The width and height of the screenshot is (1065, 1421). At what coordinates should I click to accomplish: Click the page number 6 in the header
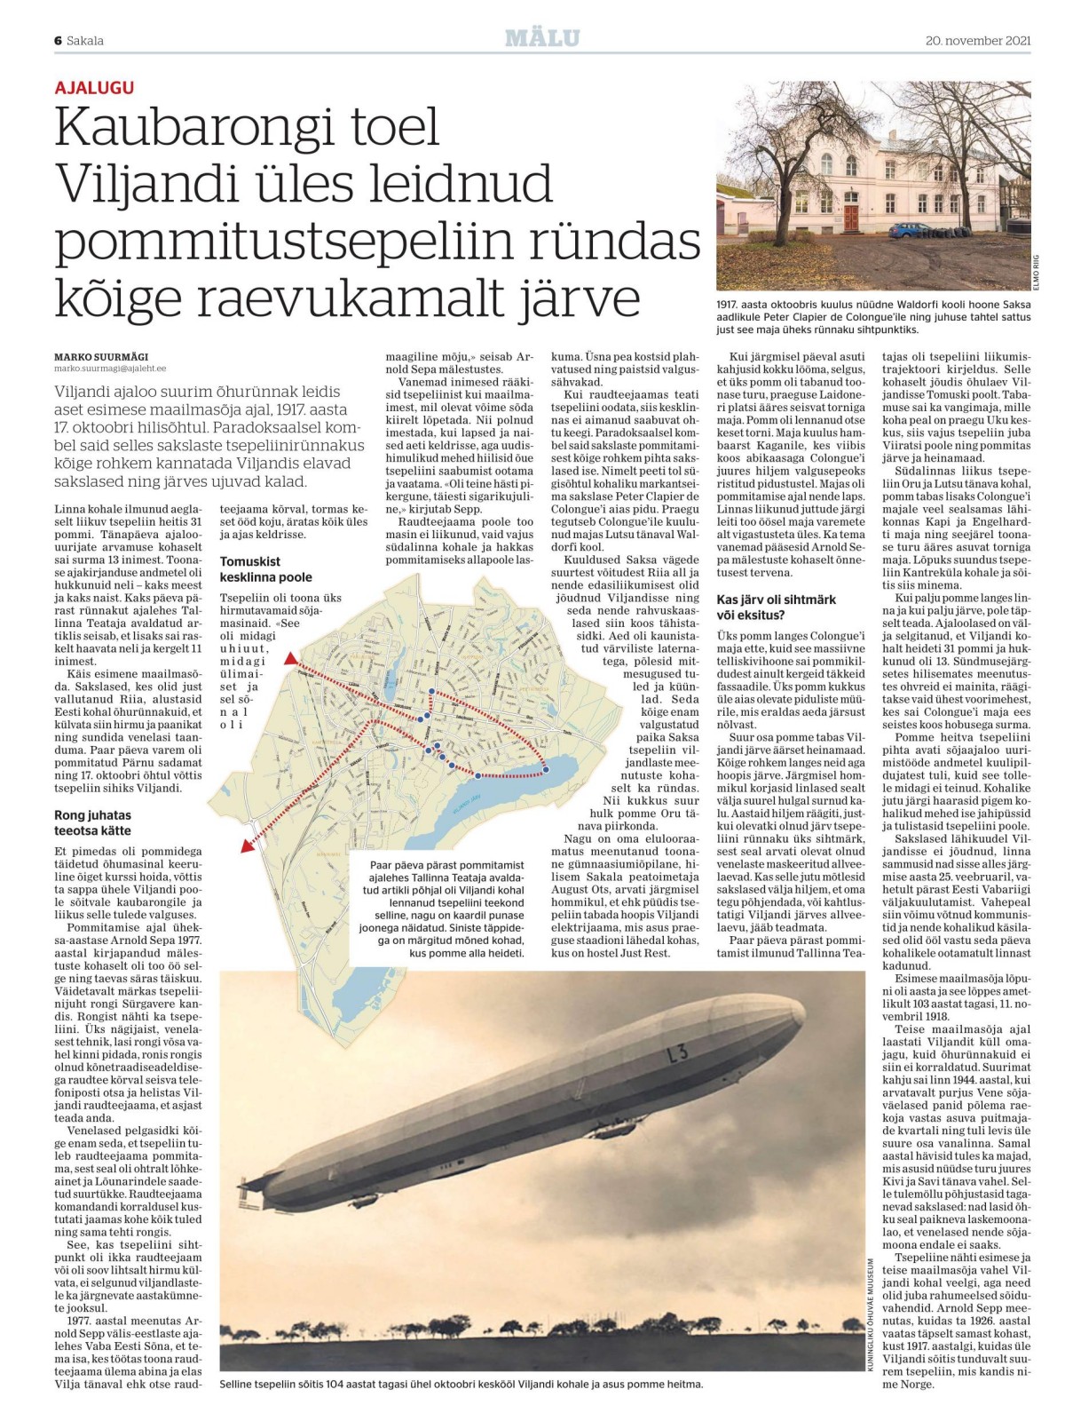(x=58, y=41)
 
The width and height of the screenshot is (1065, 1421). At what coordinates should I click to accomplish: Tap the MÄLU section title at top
(x=542, y=38)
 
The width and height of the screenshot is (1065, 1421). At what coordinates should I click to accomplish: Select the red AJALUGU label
(x=94, y=88)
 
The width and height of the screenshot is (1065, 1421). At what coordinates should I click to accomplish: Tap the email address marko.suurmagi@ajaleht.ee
(x=110, y=369)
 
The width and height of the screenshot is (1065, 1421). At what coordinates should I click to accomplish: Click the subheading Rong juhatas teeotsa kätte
(x=93, y=822)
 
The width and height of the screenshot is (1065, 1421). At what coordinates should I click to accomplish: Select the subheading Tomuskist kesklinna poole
(x=265, y=569)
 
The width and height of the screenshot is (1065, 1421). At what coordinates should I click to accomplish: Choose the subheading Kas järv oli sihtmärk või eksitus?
(x=776, y=607)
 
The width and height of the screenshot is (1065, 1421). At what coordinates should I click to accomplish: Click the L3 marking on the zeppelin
(x=676, y=1054)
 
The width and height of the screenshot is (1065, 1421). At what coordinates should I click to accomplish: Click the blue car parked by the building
(x=907, y=230)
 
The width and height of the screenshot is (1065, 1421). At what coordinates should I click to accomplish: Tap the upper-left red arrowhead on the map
(x=290, y=659)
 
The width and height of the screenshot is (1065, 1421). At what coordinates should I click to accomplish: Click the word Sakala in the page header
(x=85, y=41)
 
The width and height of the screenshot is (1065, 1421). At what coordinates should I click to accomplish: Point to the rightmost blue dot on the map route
(x=545, y=770)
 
